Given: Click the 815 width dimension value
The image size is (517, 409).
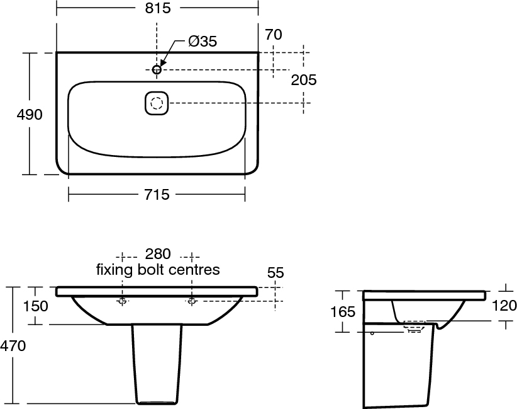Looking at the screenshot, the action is (x=158, y=8).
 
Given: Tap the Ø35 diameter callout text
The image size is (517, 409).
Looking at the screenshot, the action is (x=203, y=42).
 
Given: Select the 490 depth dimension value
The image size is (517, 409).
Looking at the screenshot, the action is (x=30, y=114).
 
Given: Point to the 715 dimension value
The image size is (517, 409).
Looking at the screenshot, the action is (x=157, y=194).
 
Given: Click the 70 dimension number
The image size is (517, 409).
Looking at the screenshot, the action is (x=274, y=35).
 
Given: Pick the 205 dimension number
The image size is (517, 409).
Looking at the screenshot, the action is (x=304, y=79).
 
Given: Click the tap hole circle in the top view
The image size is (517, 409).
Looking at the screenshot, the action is (x=157, y=69).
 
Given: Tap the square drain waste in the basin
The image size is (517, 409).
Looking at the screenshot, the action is (x=157, y=103).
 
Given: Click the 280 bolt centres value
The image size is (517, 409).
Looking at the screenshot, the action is (x=158, y=254).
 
